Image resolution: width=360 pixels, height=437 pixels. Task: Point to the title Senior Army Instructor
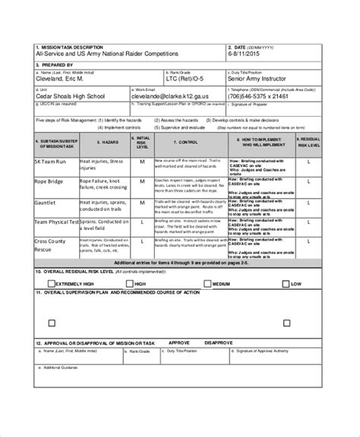point(262,79)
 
